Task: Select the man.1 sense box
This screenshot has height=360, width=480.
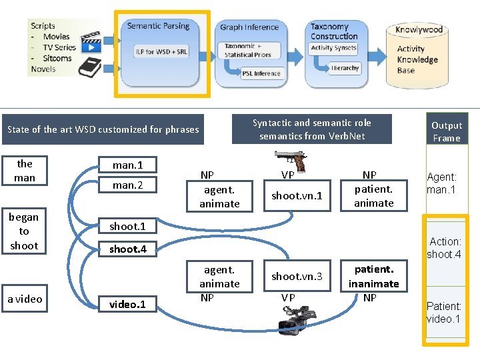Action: coord(127,165)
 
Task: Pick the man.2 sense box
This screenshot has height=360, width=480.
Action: coord(127,185)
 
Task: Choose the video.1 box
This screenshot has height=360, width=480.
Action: coord(127,304)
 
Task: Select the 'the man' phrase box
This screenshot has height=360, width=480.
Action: coord(25,171)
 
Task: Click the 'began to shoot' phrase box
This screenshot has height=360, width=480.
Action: coord(24,231)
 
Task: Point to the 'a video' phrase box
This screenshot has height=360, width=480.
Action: coord(25,299)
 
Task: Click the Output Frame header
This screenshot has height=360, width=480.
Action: coord(446,131)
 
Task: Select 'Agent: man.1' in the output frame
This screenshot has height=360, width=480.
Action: coord(443,183)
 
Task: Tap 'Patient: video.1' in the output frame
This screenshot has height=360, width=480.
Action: coord(444,312)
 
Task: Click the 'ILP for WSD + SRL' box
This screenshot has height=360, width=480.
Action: coord(161,51)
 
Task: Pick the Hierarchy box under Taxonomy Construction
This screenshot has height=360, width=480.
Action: coord(345,68)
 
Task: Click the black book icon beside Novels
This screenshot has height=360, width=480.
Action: coord(89,67)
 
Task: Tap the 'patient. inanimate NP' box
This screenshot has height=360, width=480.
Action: coord(374,283)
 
